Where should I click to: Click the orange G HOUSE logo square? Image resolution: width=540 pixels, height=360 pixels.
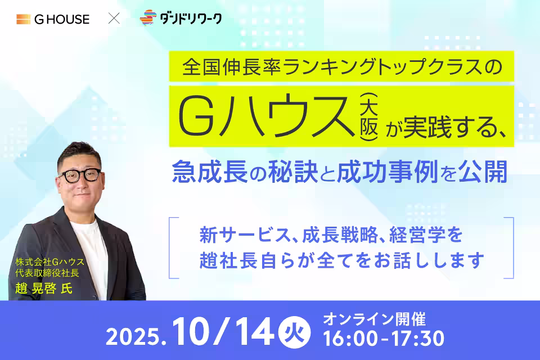(24, 19)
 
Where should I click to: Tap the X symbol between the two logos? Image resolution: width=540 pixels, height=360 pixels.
(114, 18)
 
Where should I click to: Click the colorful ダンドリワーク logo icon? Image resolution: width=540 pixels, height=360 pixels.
(148, 17)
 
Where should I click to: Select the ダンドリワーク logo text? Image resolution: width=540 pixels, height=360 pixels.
(191, 18)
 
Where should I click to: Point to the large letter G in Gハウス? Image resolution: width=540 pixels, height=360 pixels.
(197, 117)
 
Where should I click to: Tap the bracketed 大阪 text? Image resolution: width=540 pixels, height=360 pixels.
(369, 117)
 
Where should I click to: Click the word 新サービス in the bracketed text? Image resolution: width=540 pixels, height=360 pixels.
(245, 235)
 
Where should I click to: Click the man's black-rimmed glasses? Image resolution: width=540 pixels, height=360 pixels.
(81, 175)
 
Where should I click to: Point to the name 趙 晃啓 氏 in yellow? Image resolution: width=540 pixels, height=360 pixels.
(44, 288)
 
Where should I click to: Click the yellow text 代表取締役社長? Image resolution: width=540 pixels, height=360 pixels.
(47, 273)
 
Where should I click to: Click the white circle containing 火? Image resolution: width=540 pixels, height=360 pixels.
(294, 333)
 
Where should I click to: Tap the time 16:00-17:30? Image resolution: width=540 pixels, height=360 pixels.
(384, 338)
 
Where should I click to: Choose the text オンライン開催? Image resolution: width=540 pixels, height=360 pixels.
(375, 319)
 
